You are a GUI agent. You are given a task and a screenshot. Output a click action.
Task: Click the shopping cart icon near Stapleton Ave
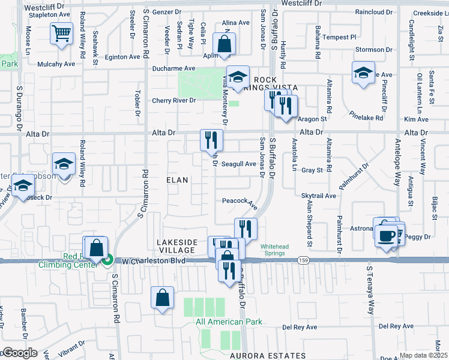click(x=62, y=35)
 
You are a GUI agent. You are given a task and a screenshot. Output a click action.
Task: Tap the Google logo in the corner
click(x=20, y=353)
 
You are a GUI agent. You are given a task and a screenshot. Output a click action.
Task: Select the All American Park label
click(x=229, y=322)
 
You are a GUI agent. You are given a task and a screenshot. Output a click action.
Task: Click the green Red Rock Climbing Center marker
click(x=107, y=260)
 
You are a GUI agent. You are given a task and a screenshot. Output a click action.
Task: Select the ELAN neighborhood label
click(x=177, y=180)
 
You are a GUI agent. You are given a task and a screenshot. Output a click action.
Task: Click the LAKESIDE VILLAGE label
click(x=176, y=246)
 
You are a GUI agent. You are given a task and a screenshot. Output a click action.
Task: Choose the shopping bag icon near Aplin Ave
click(x=224, y=44)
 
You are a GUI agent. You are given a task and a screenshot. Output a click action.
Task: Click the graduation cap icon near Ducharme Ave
click(x=238, y=77)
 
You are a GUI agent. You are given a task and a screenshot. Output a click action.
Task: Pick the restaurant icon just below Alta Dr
click(x=211, y=140)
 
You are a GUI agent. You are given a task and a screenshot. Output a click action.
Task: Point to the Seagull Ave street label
click(x=238, y=164)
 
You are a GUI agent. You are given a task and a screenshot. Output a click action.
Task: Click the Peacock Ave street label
click(x=240, y=202)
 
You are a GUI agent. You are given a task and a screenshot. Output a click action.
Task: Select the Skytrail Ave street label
click(x=319, y=196)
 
